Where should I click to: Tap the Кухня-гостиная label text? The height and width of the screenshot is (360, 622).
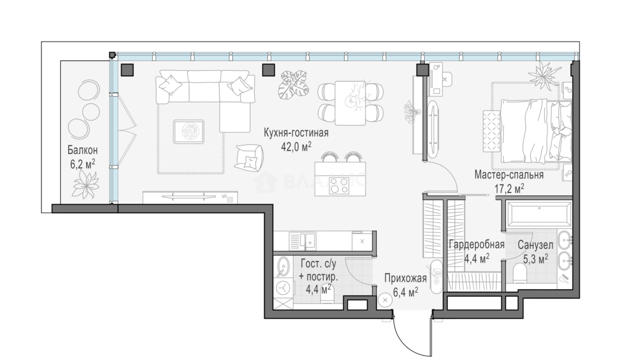click(x=296, y=133)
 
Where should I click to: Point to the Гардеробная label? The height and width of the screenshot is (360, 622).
click(x=476, y=244)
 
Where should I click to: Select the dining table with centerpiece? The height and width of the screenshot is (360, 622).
click(x=350, y=102)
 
